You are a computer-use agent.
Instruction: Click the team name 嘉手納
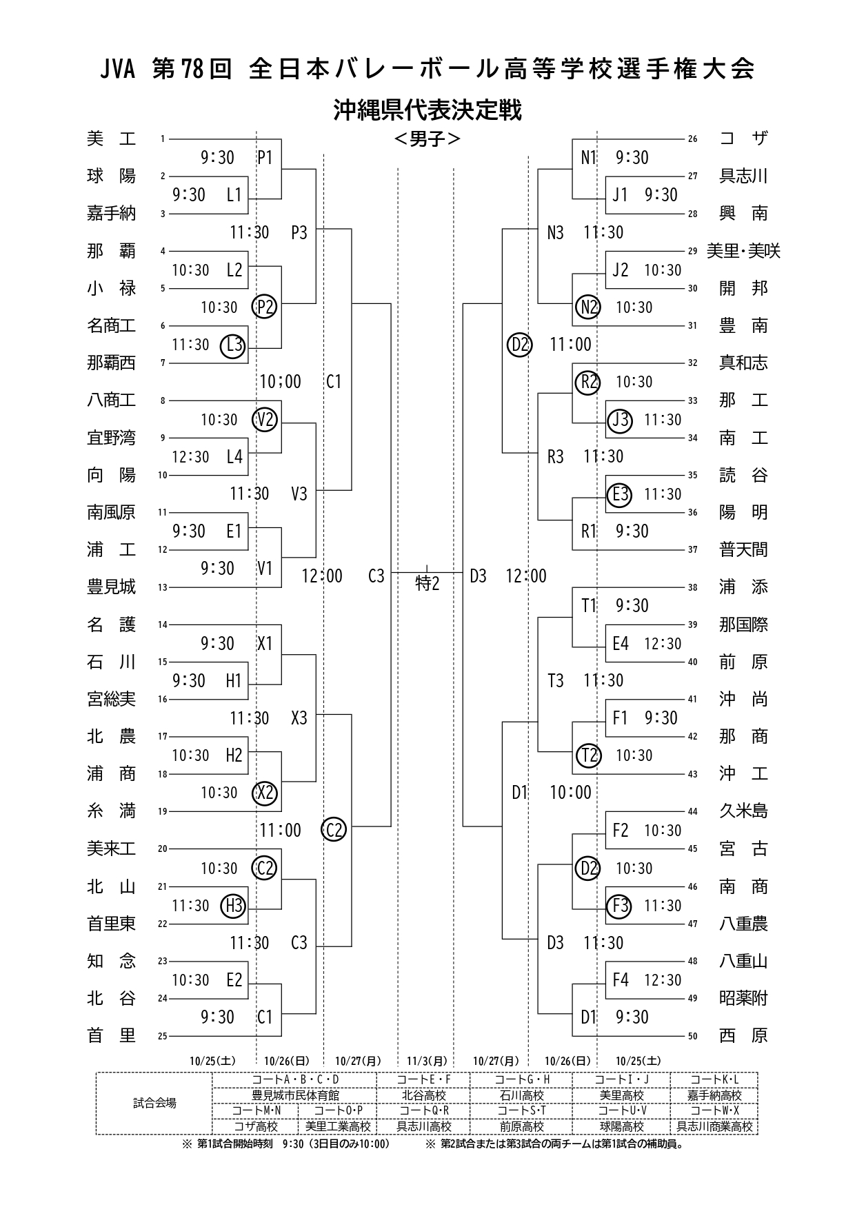(112, 214)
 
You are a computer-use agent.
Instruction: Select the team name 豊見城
(112, 587)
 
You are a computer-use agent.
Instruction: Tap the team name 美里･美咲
(743, 251)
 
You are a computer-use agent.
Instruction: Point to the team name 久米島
(743, 811)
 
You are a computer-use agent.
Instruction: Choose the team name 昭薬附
(743, 998)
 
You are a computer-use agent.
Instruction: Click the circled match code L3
(233, 345)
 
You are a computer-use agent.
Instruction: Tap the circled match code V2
(265, 420)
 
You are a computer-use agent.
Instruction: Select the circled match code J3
(620, 420)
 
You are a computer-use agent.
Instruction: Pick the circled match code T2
(588, 755)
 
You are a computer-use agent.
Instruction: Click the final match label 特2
(427, 584)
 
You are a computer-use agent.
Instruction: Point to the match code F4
(621, 980)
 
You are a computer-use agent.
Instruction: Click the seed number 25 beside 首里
(163, 1036)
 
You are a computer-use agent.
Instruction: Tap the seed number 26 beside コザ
(692, 139)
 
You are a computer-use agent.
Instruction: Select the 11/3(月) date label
(427, 1061)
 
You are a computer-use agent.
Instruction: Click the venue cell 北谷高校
(423, 1095)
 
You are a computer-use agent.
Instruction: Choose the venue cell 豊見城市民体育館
(295, 1095)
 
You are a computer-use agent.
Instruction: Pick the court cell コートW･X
(714, 1110)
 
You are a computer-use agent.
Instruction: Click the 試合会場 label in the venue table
(154, 1103)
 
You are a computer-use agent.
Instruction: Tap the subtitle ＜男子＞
(427, 139)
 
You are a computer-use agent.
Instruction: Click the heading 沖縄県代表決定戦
(427, 110)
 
